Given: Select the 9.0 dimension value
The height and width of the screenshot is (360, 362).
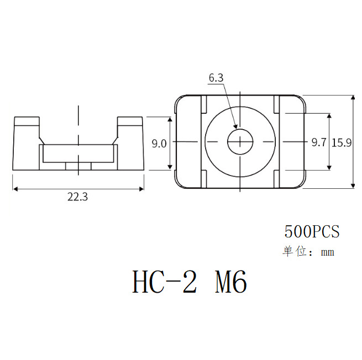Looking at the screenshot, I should pyautogui.click(x=159, y=144).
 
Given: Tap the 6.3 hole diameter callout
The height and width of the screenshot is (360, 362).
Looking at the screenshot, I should pyautogui.click(x=216, y=78).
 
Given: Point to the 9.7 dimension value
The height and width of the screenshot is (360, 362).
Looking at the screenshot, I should pyautogui.click(x=319, y=143).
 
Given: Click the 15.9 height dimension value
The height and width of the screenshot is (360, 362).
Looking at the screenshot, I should pyautogui.click(x=342, y=143).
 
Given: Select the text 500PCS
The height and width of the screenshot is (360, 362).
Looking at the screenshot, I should pyautogui.click(x=311, y=231).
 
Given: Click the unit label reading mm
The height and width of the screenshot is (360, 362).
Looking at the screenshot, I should pyautogui.click(x=328, y=253).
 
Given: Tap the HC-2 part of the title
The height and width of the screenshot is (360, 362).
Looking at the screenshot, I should pyautogui.click(x=164, y=282).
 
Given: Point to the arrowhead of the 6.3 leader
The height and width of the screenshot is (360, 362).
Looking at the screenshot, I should pyautogui.click(x=237, y=129).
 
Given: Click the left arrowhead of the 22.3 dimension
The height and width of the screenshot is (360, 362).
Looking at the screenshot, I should pyautogui.click(x=15, y=189).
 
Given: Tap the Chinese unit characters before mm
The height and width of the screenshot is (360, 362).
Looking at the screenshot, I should pyautogui.click(x=295, y=252).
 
